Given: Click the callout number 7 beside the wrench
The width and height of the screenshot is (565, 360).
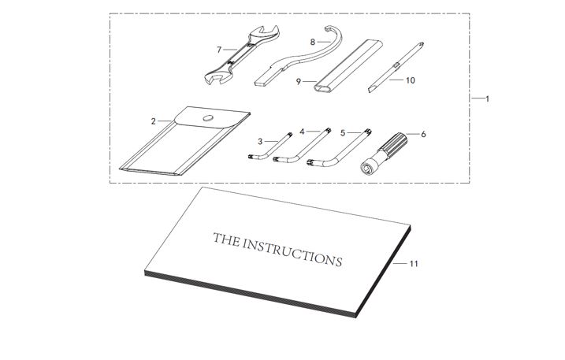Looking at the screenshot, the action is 219,50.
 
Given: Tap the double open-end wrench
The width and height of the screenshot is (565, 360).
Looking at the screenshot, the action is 242,55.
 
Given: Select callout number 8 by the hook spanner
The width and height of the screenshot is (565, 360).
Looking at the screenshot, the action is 312,43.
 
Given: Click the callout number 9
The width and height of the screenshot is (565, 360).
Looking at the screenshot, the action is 299,81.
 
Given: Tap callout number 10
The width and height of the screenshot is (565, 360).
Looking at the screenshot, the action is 411,80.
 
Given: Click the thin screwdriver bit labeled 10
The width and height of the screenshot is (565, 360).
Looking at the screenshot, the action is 396,67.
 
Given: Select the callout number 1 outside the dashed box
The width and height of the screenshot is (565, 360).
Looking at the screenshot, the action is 487,98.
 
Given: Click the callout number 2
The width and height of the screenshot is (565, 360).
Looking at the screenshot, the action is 153,121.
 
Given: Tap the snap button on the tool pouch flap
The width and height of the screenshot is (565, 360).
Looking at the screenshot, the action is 208,118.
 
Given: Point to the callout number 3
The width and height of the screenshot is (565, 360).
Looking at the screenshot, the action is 260,142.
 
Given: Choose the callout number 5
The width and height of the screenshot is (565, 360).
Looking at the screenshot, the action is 343,133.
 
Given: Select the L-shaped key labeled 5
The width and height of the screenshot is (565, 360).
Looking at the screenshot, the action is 340,148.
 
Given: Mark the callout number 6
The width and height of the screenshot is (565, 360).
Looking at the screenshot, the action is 423,134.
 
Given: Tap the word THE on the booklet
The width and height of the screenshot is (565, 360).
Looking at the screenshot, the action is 227,239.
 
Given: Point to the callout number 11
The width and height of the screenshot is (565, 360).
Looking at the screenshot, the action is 414,264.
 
